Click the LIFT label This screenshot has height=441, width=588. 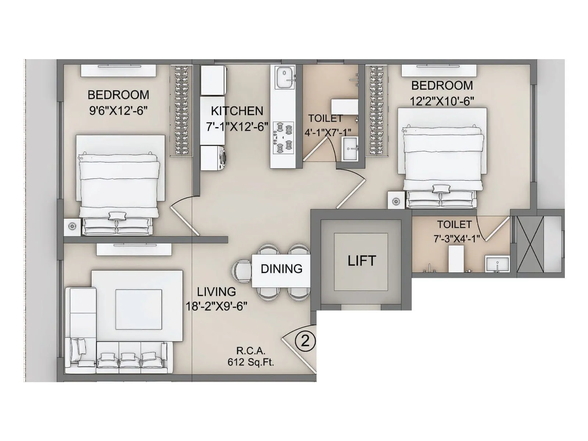click(x=362, y=261)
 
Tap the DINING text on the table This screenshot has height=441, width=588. click(x=281, y=269)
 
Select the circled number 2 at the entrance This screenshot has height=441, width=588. click(x=305, y=341)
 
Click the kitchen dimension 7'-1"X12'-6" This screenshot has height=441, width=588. click(x=237, y=127)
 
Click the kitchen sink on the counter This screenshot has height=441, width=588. click(x=286, y=78)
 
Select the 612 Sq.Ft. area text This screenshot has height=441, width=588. click(x=251, y=362)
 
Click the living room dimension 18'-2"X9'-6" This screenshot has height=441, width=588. click(x=216, y=306)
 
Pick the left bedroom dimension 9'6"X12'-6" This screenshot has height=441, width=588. click(x=118, y=110)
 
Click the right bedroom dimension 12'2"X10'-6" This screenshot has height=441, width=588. click(x=442, y=101)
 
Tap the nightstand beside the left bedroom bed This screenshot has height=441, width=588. click(x=72, y=227)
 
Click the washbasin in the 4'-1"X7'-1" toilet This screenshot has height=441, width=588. click(x=350, y=149)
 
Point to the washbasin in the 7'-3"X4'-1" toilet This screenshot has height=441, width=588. click(x=497, y=264)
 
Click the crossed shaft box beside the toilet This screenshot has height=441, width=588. click(x=530, y=244)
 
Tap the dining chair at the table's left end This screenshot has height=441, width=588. click(x=241, y=271)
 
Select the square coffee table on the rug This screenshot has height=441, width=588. click(x=139, y=309)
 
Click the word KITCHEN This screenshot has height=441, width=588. click(x=237, y=111)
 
